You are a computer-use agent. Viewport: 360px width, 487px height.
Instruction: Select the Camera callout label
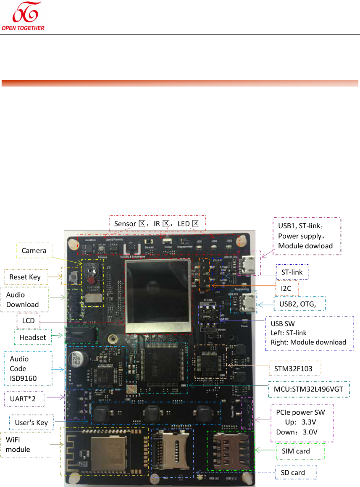(x=34, y=250)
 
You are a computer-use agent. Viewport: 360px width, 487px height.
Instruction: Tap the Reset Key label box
(x=26, y=277)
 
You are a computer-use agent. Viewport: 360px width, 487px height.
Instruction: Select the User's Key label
(x=31, y=422)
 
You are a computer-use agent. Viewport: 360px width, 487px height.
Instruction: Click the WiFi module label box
(x=26, y=445)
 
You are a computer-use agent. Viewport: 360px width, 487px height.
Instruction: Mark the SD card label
(x=296, y=473)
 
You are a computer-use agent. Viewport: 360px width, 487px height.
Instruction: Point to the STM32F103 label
(x=294, y=370)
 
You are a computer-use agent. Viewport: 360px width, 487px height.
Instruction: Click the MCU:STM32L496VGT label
(x=308, y=389)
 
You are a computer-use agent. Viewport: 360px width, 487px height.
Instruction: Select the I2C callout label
(x=286, y=289)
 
